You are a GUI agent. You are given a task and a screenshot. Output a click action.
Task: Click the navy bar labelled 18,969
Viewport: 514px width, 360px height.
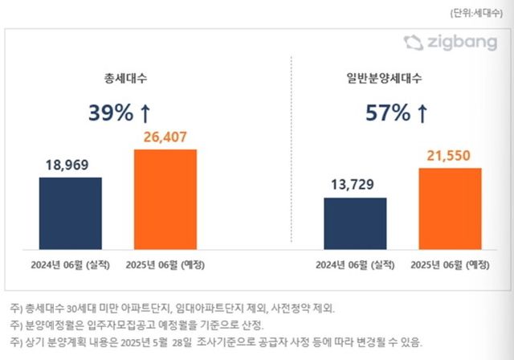(70, 214)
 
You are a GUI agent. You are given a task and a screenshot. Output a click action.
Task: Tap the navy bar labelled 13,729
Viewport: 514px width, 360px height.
(354, 224)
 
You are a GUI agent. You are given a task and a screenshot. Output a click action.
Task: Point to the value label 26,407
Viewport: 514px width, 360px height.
(165, 137)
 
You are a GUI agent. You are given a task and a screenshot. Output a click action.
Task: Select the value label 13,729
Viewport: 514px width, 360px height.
(354, 185)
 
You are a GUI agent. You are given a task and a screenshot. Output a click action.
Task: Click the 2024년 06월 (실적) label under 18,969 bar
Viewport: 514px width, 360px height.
(70, 264)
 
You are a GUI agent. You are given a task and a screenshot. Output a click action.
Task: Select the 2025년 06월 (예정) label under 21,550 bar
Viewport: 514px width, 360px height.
(450, 264)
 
